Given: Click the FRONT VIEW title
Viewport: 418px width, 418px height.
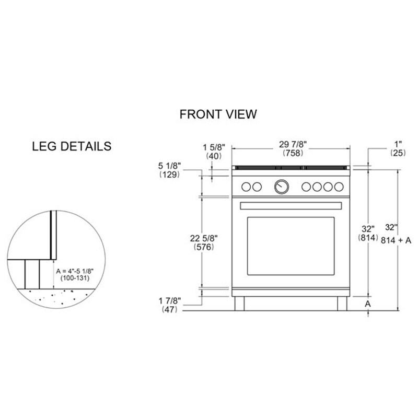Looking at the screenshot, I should [218, 114].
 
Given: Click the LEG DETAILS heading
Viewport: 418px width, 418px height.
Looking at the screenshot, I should [72, 146].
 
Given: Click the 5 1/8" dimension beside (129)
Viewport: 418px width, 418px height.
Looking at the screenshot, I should [170, 166].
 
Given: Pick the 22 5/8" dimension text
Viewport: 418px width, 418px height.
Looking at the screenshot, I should [204, 238].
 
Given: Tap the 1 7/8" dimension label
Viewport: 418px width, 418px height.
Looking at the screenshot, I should [170, 300].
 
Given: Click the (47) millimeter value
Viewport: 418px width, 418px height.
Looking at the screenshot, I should [170, 309].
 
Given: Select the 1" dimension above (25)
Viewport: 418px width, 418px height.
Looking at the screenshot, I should [398, 143].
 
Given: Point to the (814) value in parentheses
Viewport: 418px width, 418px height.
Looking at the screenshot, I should [368, 238].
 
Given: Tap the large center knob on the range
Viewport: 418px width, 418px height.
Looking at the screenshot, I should [282, 186].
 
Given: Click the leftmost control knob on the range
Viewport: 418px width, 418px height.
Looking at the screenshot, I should [246, 187].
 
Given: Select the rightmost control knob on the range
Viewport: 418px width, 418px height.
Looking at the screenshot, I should [339, 187].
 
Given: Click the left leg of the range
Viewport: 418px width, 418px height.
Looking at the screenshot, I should [239, 303].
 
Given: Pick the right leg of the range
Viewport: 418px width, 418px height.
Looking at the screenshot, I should [342, 303].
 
